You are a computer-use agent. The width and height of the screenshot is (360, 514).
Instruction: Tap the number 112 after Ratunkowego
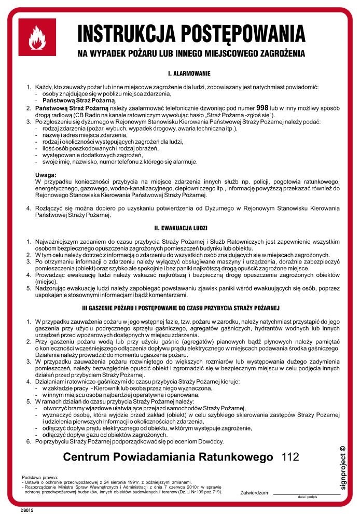pos(290,457)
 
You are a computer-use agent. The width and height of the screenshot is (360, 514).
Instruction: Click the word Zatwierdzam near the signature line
pos(254,492)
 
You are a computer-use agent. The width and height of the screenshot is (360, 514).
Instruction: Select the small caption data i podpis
pos(308,497)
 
